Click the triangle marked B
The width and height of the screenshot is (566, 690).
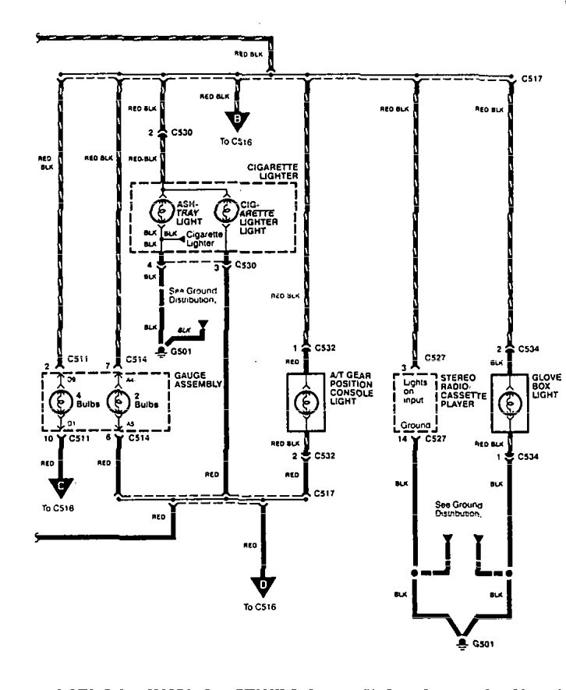point(238,119)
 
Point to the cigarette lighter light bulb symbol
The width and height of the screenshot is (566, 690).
point(225,211)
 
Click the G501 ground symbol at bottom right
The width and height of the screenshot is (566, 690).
point(465,645)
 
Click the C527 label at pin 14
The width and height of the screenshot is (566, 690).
point(435,441)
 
